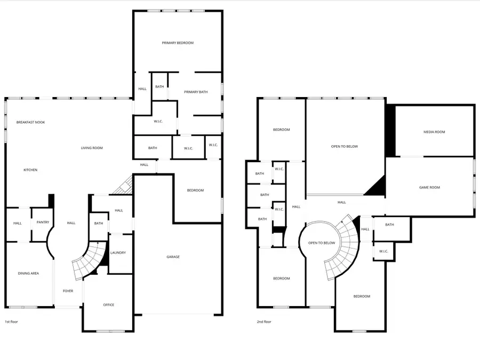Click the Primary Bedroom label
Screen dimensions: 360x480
click(178, 43)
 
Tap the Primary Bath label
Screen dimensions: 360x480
click(196, 92)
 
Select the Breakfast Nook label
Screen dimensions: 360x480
click(30, 123)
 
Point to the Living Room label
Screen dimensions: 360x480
click(92, 148)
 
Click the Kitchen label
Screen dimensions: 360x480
click(30, 170)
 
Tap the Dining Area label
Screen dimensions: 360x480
click(28, 274)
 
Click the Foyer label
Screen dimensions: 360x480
click(68, 291)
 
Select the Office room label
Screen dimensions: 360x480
click(108, 305)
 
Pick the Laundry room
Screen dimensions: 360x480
click(118, 253)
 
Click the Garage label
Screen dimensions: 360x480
click(173, 257)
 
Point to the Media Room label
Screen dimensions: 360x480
click(434, 132)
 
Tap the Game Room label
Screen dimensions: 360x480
click(429, 187)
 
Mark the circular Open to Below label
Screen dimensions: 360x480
click(322, 243)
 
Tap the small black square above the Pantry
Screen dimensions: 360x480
click(51, 200)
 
